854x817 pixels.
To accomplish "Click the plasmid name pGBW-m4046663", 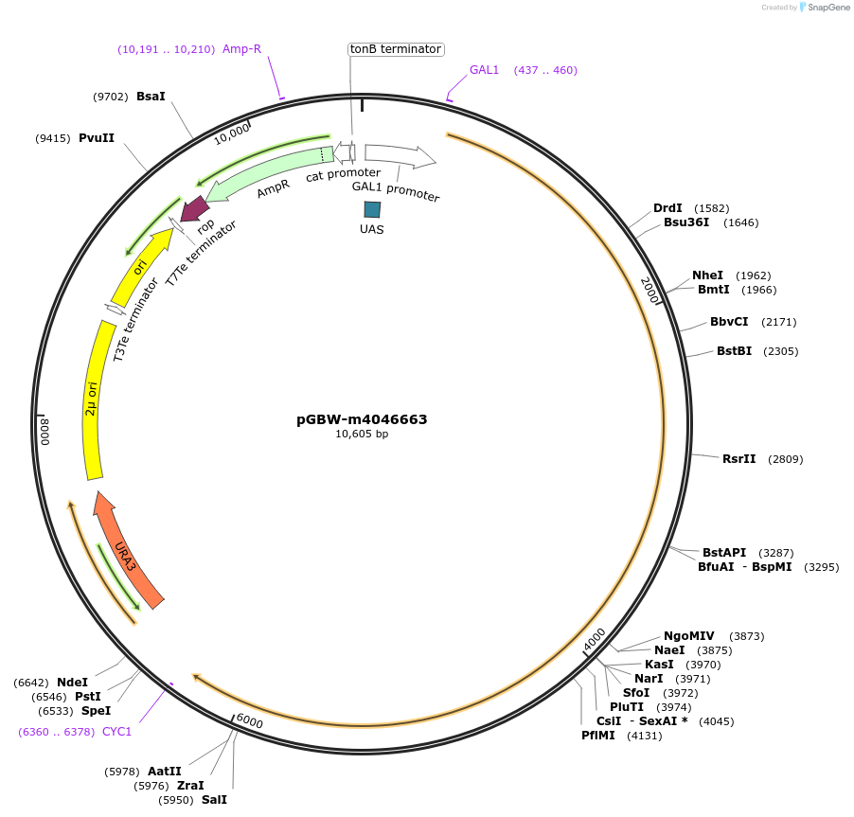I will click(362, 419).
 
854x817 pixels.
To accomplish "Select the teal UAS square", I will click(372, 209).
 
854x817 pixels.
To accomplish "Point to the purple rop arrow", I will click(196, 208).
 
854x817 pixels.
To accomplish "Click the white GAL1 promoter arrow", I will click(398, 153).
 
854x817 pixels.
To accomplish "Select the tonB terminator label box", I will click(396, 48).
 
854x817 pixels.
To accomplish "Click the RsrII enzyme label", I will click(738, 459).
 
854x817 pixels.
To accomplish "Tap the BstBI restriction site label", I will click(734, 351).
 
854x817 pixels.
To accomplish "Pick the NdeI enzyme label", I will click(72, 682).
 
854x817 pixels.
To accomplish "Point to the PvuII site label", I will click(97, 138).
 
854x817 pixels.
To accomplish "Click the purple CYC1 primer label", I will click(117, 732).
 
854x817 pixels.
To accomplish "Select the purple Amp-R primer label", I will click(241, 48).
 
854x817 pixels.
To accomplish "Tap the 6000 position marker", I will click(249, 721).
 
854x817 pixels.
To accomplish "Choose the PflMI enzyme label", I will click(598, 736).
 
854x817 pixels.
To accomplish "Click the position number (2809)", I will click(785, 459).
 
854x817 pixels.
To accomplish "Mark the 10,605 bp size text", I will click(362, 435).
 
